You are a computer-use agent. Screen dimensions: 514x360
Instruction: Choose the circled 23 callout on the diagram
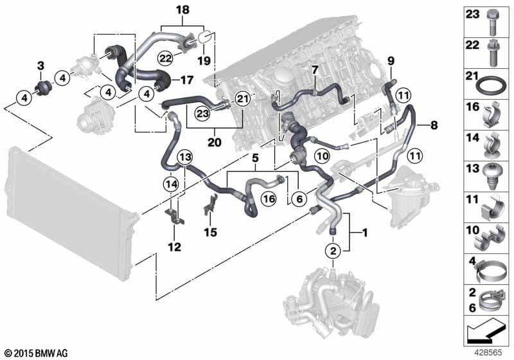pyautogui.click(x=202, y=112)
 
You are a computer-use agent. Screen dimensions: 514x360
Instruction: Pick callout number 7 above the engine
pyautogui.click(x=315, y=68)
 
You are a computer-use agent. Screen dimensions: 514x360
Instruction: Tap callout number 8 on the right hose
pyautogui.click(x=390, y=61)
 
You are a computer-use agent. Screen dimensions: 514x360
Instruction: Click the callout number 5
pyautogui.click(x=255, y=157)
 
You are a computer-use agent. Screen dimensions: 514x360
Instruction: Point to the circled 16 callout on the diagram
pyautogui.click(x=268, y=201)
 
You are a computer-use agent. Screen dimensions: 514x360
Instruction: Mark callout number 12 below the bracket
pyautogui.click(x=174, y=246)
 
